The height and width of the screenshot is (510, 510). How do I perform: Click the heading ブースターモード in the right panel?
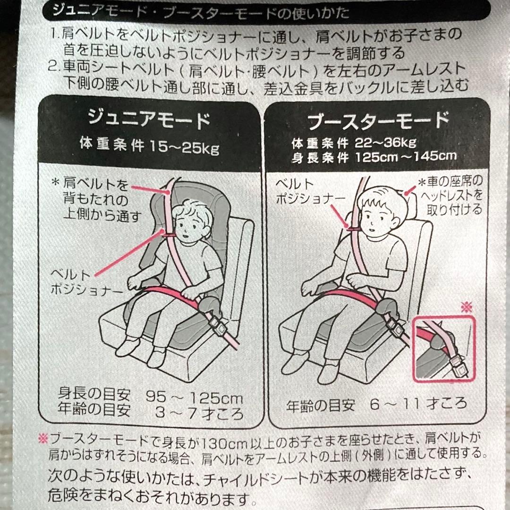click(379, 121)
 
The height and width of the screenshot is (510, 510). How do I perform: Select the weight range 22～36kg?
click(385, 143)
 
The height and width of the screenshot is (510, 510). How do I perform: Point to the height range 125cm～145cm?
click(406, 157)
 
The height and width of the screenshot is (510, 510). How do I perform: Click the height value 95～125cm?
click(194, 397)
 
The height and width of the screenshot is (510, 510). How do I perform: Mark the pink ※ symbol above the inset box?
click(467, 307)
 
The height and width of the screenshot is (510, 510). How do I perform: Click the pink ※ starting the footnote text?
click(43, 439)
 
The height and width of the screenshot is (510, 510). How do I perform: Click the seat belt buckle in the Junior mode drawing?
click(217, 325)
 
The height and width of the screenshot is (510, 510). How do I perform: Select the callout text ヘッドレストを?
click(451, 195)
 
